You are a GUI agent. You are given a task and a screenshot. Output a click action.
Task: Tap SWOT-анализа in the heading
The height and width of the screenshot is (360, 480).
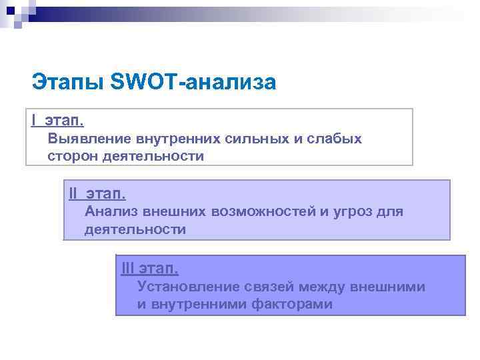193,83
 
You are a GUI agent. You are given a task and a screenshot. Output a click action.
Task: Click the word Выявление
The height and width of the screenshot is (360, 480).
89,139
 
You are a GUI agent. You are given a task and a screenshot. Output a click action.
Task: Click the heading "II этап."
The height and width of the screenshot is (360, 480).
97,194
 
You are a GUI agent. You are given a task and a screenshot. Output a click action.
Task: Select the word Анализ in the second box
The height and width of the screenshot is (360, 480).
111,212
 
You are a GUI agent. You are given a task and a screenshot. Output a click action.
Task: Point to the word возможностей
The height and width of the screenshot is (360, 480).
263,212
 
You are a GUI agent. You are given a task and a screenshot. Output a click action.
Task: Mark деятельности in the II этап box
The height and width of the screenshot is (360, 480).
135,229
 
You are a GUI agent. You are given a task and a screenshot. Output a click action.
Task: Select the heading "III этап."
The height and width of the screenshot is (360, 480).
149,269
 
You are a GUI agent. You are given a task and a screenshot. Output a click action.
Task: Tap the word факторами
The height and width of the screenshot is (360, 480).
293,305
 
